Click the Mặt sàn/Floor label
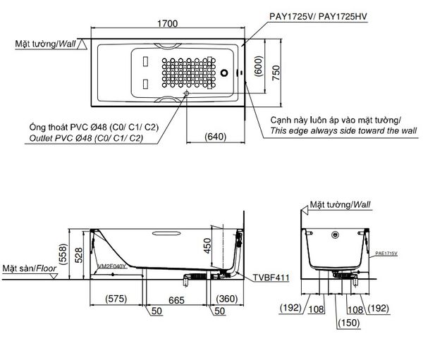click(x=28, y=269)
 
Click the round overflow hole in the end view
click(x=336, y=235)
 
